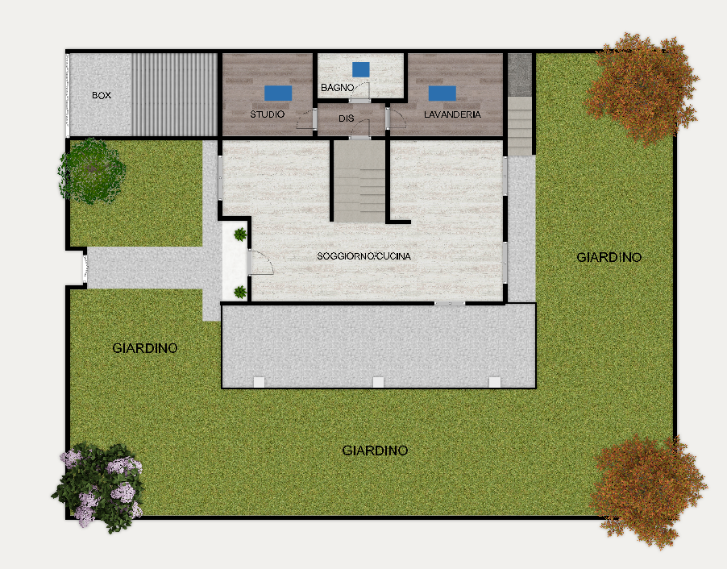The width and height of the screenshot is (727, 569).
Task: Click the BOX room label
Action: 102,96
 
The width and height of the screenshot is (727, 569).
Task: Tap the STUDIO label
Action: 268,114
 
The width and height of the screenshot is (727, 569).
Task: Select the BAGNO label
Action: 338,88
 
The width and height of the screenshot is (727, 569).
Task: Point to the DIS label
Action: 347,118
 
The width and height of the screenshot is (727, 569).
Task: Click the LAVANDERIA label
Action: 452,114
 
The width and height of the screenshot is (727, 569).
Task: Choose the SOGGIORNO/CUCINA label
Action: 364,256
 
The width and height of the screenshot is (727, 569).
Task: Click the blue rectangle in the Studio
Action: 278,93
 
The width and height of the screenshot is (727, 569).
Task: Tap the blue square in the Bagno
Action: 361,69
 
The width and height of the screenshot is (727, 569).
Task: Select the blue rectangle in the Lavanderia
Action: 442,93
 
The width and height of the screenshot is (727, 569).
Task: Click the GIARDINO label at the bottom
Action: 375,451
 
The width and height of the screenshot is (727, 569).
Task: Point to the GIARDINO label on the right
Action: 609,257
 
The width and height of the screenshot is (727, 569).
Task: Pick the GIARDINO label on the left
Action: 145,348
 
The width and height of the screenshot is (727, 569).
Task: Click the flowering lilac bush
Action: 98,487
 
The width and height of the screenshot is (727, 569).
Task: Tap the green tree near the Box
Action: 91,171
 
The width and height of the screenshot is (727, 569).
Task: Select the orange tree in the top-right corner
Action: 642,88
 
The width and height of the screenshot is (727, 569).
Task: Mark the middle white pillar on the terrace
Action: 378,382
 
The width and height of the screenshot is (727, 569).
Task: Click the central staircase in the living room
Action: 359,181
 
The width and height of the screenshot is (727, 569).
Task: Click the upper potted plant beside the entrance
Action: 240,235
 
